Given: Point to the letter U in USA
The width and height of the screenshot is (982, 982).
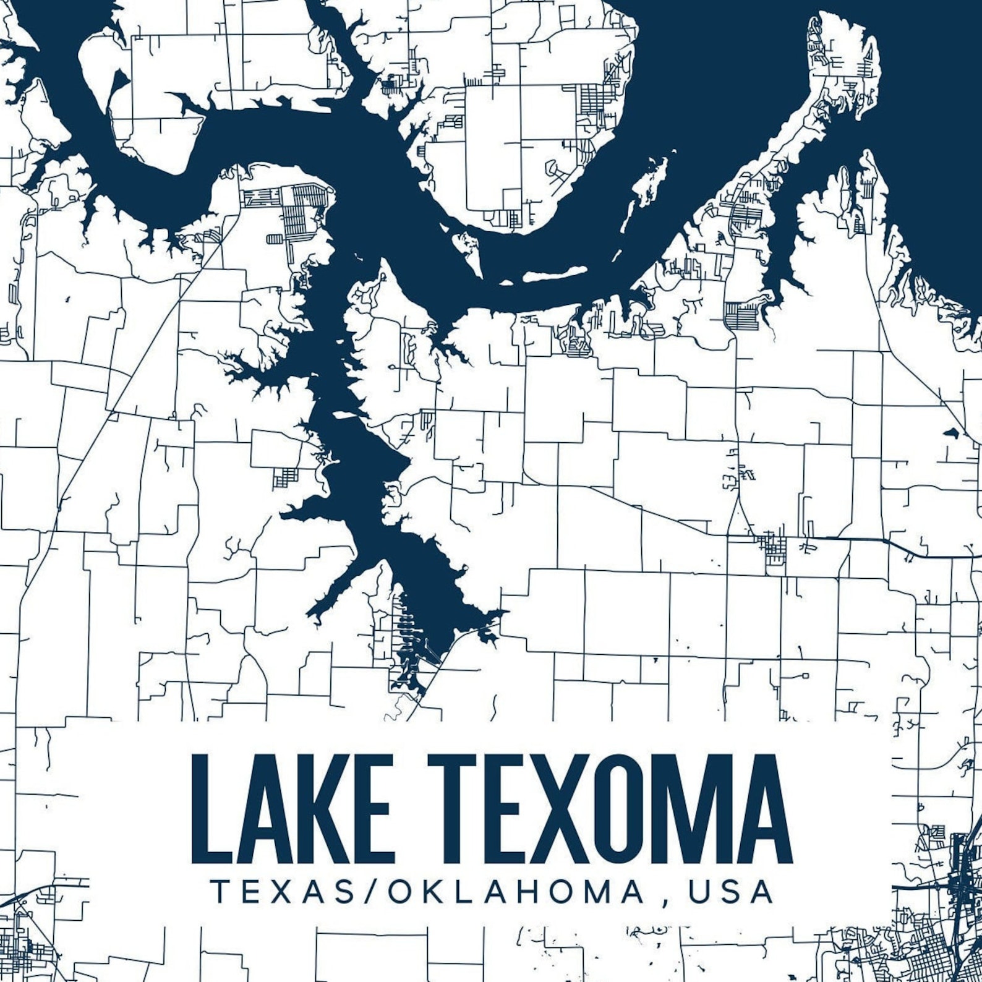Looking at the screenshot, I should [x=699, y=891].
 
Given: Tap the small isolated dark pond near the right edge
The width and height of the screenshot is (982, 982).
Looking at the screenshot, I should [x=949, y=432].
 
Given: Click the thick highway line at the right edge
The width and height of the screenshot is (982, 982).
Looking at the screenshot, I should [x=928, y=552].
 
